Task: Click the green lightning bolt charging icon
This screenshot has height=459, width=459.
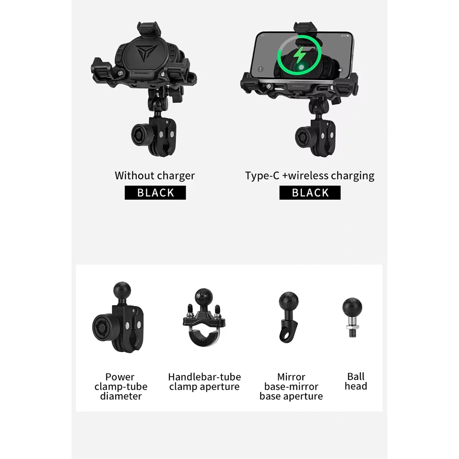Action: pyautogui.click(x=299, y=56)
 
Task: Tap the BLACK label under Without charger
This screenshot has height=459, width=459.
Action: pyautogui.click(x=155, y=192)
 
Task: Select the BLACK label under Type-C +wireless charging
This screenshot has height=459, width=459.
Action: pyautogui.click(x=310, y=192)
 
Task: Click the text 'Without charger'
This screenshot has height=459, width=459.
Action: pyautogui.click(x=155, y=176)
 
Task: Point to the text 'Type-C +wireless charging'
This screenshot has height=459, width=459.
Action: pyautogui.click(x=310, y=176)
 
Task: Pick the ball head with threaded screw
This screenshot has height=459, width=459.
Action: pyautogui.click(x=352, y=318)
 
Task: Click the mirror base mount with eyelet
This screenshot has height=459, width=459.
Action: pyautogui.click(x=288, y=317)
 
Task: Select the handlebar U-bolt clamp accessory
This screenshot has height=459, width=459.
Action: pyautogui.click(x=204, y=318)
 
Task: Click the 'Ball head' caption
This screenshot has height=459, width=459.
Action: pyautogui.click(x=356, y=381)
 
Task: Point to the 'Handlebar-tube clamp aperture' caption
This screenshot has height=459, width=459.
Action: pyautogui.click(x=204, y=382)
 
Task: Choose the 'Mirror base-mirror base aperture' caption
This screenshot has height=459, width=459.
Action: pyautogui.click(x=291, y=387)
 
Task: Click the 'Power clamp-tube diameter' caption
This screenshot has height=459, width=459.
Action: pyautogui.click(x=120, y=387)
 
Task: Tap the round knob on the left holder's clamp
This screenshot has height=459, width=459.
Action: pyautogui.click(x=140, y=135)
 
